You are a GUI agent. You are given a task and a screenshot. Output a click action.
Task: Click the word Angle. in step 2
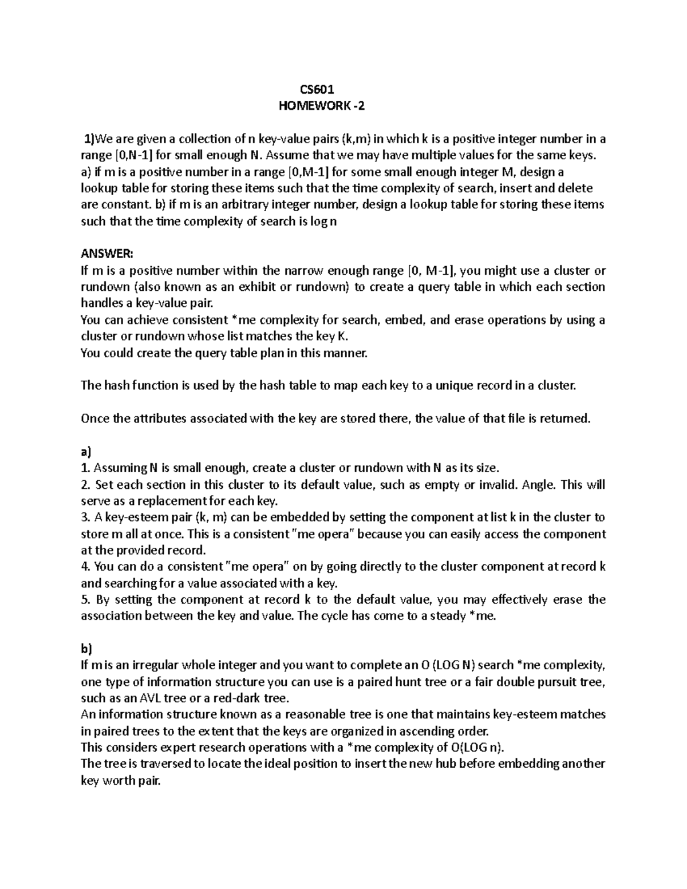pyautogui.click(x=539, y=485)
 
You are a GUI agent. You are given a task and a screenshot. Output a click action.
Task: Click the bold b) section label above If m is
pyautogui.click(x=86, y=649)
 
